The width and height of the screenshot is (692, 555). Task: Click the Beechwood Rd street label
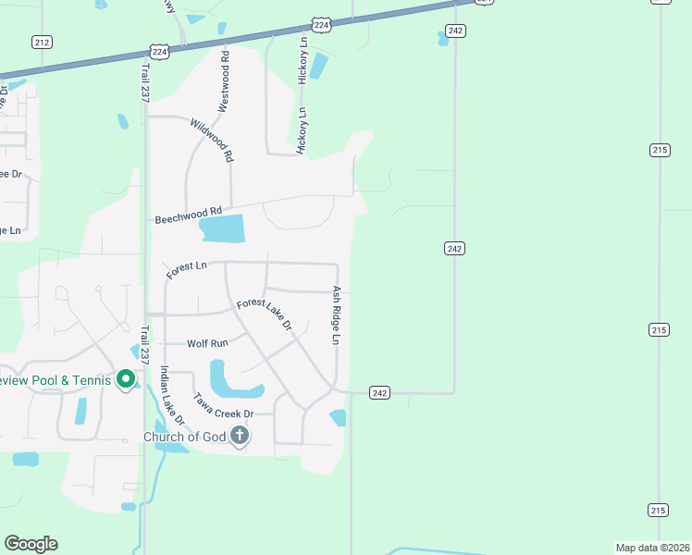(189, 216)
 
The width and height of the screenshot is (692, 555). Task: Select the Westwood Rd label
(223, 81)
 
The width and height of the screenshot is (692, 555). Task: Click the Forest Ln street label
(186, 268)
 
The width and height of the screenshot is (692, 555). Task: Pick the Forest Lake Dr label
(265, 314)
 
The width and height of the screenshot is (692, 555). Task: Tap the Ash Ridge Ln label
(337, 314)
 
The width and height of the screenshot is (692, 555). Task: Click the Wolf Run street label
(207, 343)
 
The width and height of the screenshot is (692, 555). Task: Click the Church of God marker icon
(240, 436)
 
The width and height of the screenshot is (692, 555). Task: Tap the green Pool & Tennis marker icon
(127, 379)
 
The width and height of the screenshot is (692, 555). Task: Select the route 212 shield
(42, 42)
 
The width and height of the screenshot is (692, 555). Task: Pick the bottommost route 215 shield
(659, 510)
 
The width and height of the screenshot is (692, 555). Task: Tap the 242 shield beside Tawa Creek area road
(379, 392)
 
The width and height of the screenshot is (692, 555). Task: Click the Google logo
(31, 544)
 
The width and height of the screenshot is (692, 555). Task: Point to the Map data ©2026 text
(652, 548)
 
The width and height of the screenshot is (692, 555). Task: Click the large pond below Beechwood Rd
(222, 228)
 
